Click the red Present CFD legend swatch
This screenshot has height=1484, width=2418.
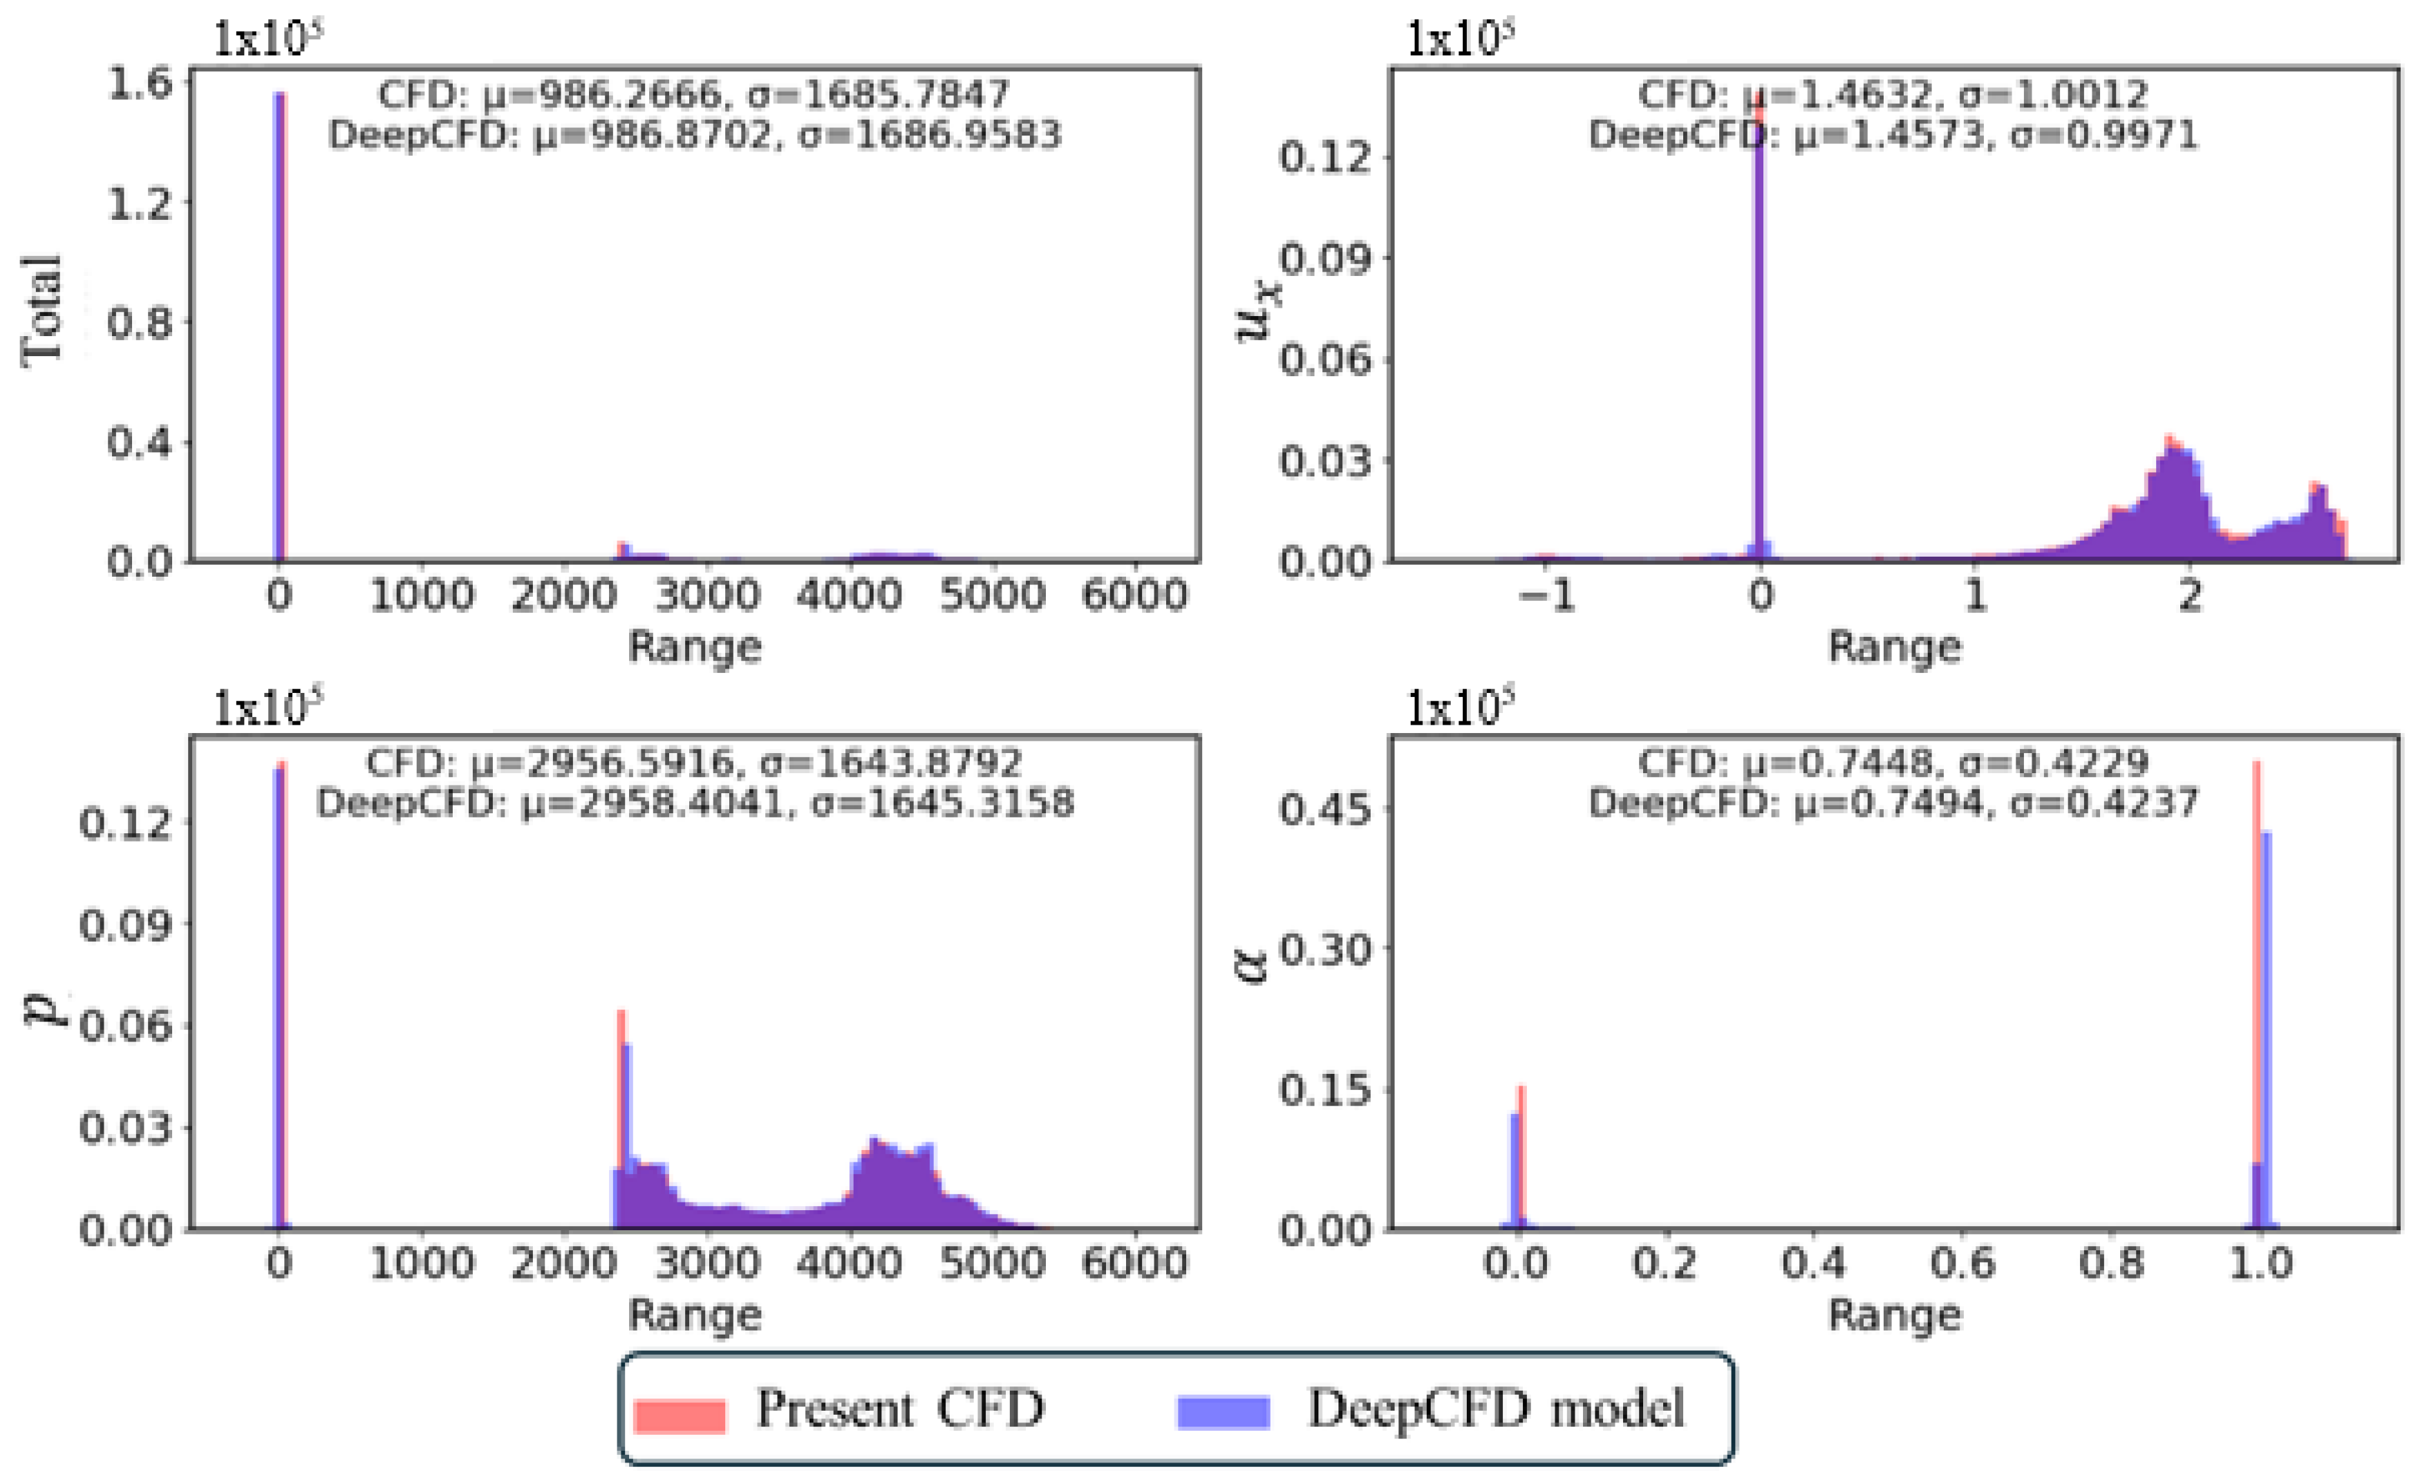tap(679, 1414)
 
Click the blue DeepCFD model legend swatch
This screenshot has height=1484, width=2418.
tap(1223, 1412)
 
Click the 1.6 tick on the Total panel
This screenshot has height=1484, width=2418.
tap(140, 84)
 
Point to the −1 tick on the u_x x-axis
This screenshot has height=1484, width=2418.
tap(1548, 596)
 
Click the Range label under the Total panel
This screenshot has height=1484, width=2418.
tap(695, 647)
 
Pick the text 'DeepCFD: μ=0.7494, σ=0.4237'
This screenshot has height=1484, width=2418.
tap(1893, 803)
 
